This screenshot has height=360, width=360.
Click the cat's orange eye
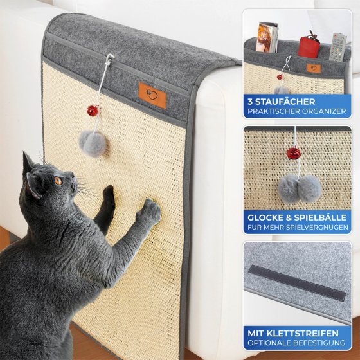(57, 182)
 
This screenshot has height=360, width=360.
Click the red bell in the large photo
(94, 111)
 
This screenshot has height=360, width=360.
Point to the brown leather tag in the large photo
(152, 94)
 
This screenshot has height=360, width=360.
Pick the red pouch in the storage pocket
(310, 44)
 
